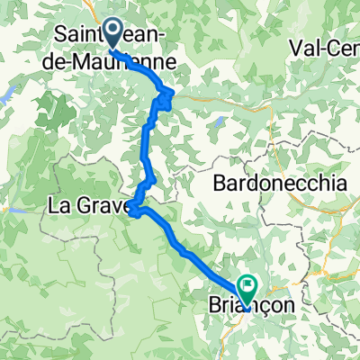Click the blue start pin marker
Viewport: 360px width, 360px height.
tap(113, 32)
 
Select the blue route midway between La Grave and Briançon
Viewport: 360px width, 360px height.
tap(184, 253)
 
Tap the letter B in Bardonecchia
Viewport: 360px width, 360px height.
tap(220, 184)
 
